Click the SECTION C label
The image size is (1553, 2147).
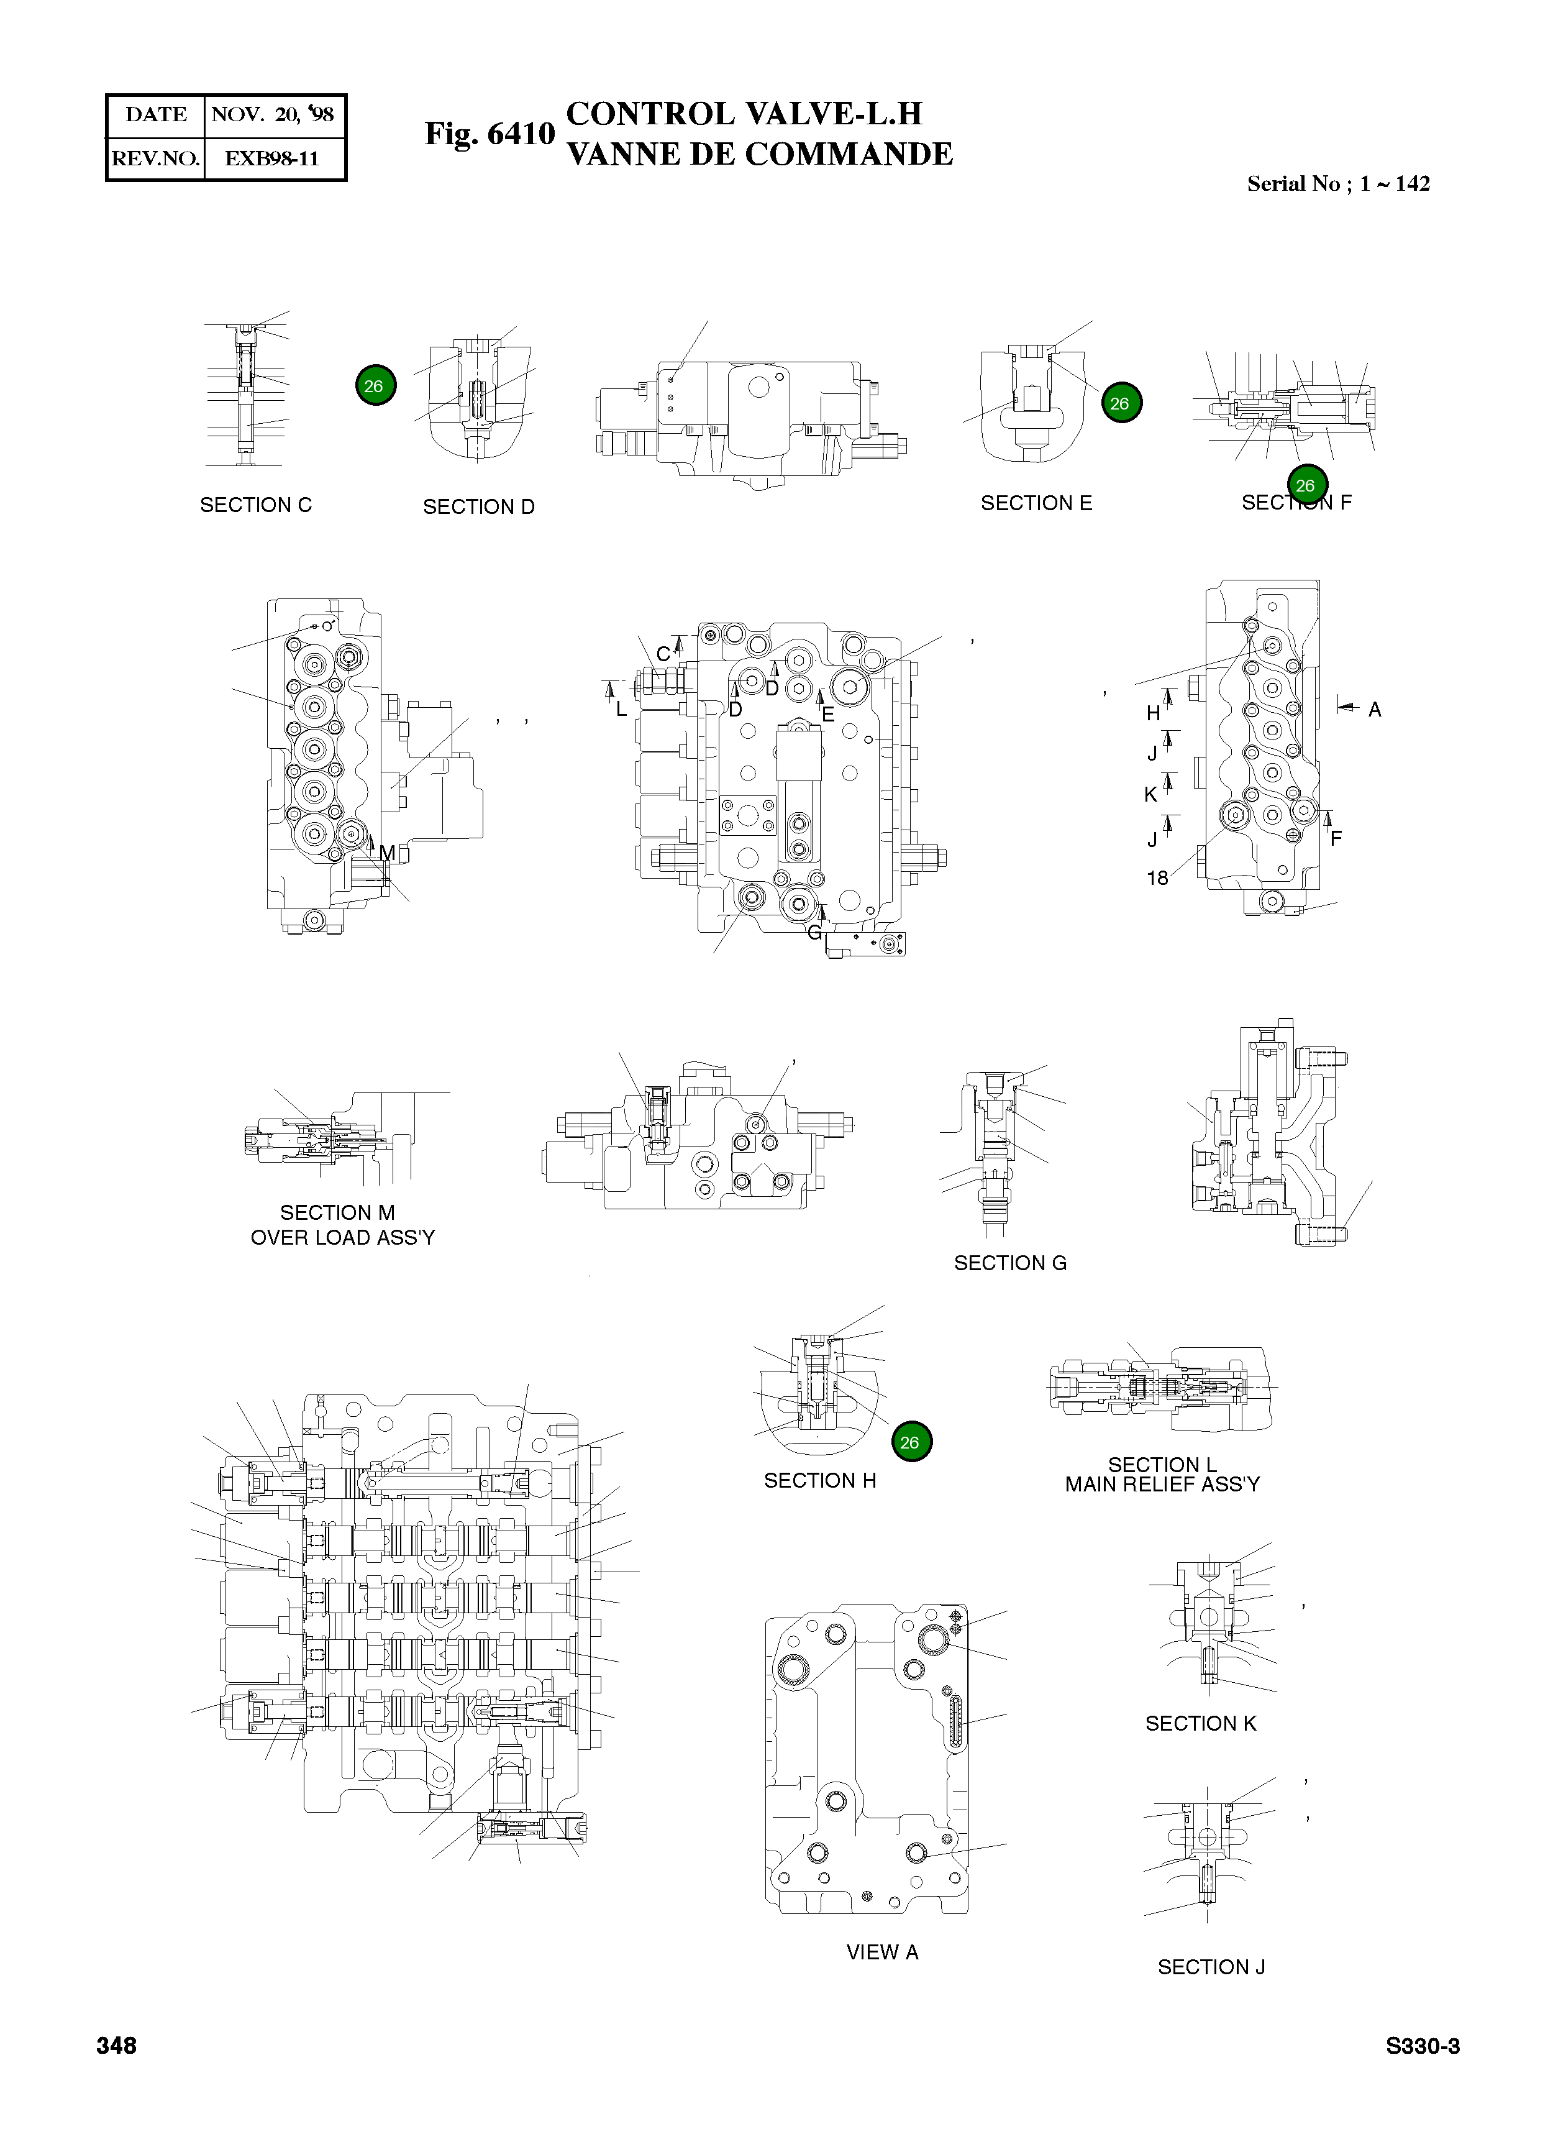coord(255,505)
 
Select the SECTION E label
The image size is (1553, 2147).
coord(1036,503)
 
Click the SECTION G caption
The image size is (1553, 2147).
coord(1010,1263)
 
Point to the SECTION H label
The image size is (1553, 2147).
coord(819,1481)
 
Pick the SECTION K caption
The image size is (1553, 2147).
coord(1201,1723)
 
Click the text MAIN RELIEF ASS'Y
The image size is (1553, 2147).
coord(1162,1485)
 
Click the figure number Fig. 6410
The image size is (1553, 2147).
coord(490,134)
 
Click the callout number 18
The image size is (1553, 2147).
coord(1157,879)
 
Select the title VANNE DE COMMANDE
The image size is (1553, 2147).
coord(759,154)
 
